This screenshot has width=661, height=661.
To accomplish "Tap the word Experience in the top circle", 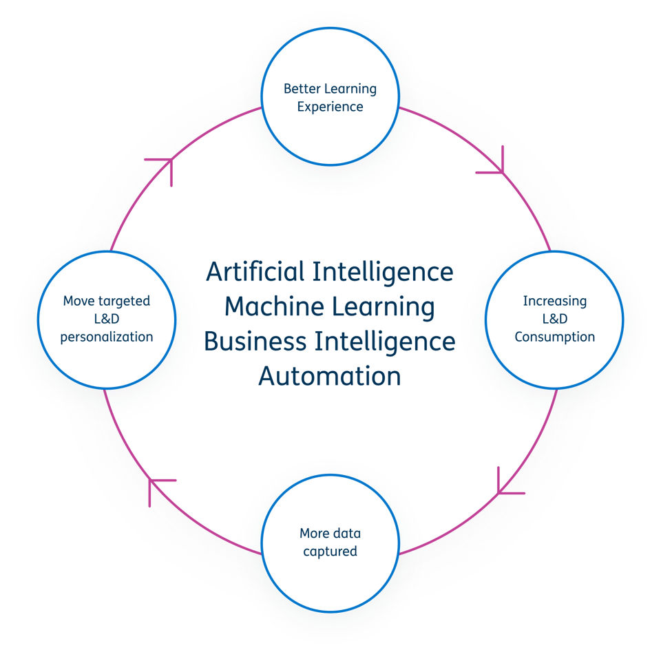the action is click(330, 107).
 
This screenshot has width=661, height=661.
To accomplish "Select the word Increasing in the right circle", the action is click(555, 302).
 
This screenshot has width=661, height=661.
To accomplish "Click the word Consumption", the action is click(555, 337).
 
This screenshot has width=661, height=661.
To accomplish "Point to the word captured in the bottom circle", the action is click(330, 552).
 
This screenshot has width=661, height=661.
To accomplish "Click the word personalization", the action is click(107, 337).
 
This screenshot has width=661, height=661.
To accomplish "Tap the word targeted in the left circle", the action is click(124, 302).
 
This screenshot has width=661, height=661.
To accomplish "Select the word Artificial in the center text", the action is click(255, 271).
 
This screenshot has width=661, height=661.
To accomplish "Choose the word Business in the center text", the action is click(255, 341).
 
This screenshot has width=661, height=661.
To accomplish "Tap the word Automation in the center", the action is click(330, 376).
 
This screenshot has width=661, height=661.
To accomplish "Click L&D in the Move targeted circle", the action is click(107, 319).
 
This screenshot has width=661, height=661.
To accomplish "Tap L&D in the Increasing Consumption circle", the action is click(555, 319).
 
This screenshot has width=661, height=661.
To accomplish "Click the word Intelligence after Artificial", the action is click(383, 273).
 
